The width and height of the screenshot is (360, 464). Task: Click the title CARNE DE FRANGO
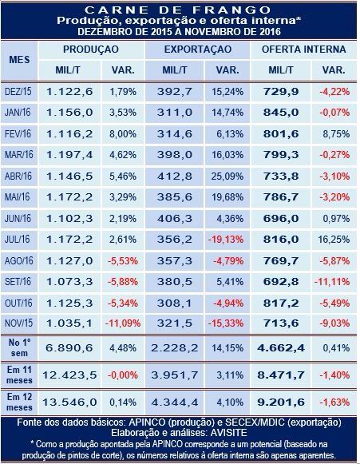(x=178, y=10)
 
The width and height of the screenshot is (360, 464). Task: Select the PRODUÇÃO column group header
(x=91, y=50)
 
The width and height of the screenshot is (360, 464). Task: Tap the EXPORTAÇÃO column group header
(x=198, y=50)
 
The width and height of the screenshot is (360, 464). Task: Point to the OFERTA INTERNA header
(x=304, y=50)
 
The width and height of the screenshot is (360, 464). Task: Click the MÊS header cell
(x=19, y=60)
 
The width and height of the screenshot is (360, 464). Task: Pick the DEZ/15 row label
(x=18, y=91)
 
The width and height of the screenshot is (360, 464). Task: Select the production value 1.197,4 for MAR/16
(x=69, y=154)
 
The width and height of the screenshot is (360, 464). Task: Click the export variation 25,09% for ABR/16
(x=227, y=176)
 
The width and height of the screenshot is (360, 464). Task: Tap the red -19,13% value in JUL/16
(x=226, y=240)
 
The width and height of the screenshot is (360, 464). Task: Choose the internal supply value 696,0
(x=281, y=219)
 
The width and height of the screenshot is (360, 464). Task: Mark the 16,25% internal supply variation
(x=334, y=240)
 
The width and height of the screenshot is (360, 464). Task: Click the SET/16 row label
(x=18, y=281)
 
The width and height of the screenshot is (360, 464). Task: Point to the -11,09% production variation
(x=123, y=323)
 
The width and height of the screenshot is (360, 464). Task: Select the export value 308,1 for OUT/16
(x=175, y=303)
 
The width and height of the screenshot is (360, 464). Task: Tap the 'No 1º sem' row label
(x=19, y=347)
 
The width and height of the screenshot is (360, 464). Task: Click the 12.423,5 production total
(x=69, y=375)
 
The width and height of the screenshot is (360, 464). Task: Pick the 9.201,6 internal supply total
(x=281, y=403)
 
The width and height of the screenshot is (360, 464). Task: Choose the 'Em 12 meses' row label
(x=19, y=403)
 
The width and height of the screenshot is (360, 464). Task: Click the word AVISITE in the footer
(x=228, y=433)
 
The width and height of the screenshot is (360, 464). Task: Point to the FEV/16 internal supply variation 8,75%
(x=336, y=133)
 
